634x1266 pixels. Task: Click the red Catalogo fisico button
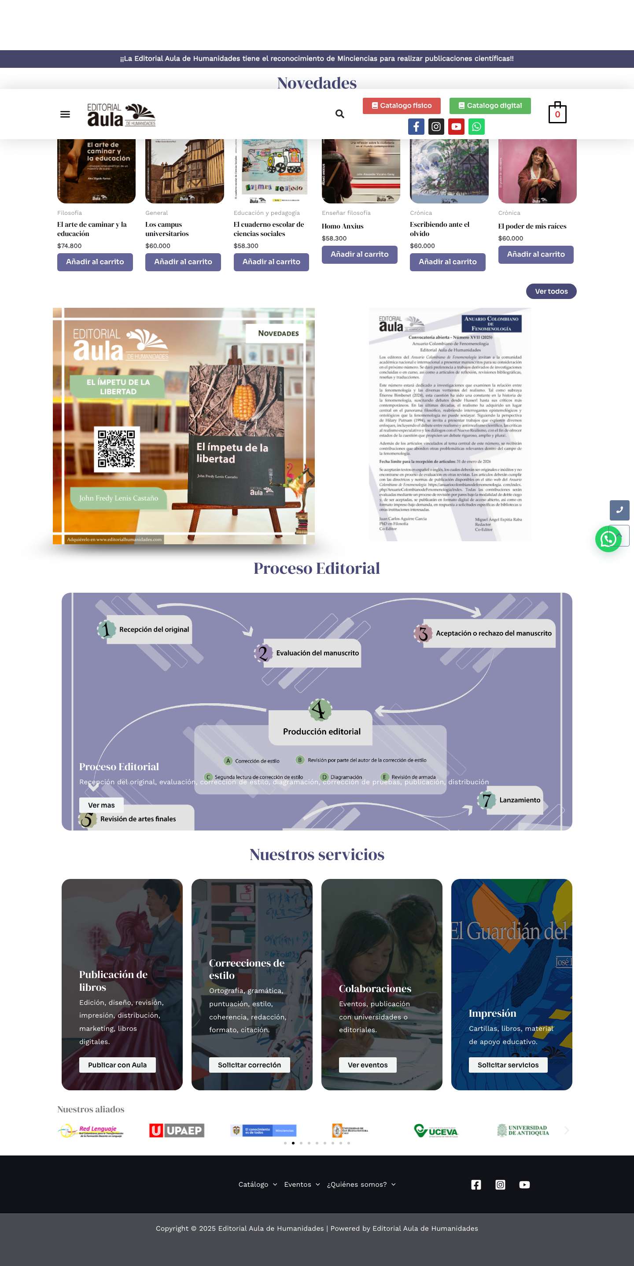point(401,106)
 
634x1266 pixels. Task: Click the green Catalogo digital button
point(490,106)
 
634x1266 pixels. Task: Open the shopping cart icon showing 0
point(557,114)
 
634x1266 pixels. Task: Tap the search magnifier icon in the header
point(339,114)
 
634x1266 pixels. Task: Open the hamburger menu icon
point(65,114)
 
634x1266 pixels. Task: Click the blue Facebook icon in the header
point(416,127)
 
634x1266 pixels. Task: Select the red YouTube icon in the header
point(456,127)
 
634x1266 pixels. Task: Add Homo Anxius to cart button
point(359,255)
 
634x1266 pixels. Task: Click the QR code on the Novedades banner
point(117,449)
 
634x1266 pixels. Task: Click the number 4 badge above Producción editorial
point(320,709)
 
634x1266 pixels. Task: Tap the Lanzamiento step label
point(519,800)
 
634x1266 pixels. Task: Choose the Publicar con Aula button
point(117,1065)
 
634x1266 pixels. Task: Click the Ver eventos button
point(367,1065)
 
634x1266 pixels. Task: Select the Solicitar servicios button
point(508,1065)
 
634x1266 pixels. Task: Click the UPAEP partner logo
point(177,1130)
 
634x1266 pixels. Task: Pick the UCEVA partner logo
point(435,1131)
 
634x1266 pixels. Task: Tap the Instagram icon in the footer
point(500,1185)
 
